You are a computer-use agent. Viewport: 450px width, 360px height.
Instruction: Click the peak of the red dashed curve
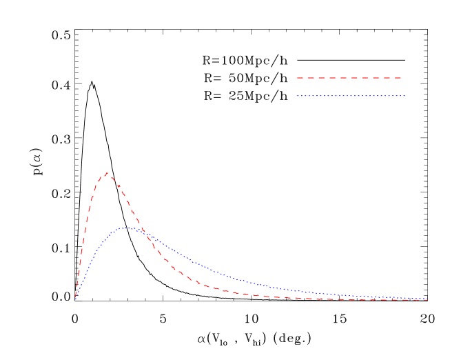(x=107, y=173)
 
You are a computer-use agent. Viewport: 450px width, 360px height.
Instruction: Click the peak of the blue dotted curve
(x=127, y=227)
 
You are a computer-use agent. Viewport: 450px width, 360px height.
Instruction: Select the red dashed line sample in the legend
(x=349, y=78)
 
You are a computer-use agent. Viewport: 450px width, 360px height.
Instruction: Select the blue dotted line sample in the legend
(x=351, y=96)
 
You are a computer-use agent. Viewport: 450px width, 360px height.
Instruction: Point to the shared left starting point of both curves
(x=76, y=298)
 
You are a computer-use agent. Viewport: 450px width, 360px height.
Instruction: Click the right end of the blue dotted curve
(x=428, y=299)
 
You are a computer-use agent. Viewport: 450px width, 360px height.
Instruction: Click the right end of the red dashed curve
(x=428, y=300)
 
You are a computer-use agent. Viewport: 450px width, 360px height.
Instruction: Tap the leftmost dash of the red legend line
(x=300, y=78)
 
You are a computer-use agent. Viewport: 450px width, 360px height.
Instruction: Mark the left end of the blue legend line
(x=298, y=96)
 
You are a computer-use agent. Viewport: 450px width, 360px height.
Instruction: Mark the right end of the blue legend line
(x=405, y=96)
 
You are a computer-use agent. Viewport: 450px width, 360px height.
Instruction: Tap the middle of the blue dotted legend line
(x=351, y=96)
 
